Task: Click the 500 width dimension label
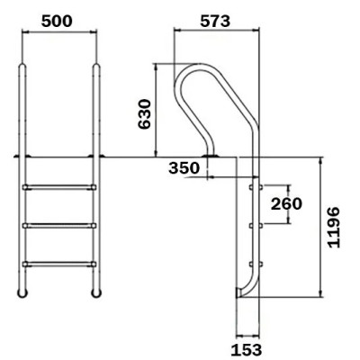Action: [x=57, y=21]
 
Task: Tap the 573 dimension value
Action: [x=215, y=21]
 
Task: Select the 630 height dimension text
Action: [x=144, y=114]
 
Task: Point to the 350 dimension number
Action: [x=184, y=168]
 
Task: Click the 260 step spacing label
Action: [x=286, y=204]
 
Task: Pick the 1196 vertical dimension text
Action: [x=334, y=227]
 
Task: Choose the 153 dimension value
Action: [x=247, y=349]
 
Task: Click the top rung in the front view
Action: [x=59, y=187]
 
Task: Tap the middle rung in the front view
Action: [x=59, y=225]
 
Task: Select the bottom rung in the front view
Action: [x=59, y=264]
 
